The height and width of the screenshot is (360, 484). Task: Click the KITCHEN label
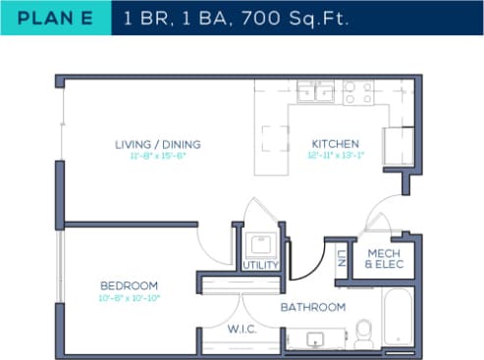pos(336,144)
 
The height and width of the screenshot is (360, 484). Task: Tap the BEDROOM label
pos(129,285)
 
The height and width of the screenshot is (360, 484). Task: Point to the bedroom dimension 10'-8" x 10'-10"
pos(129,297)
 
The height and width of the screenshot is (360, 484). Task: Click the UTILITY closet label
pos(260,265)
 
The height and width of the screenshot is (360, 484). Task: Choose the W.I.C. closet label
pos(242,329)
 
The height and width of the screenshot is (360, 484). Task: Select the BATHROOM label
pos(313,307)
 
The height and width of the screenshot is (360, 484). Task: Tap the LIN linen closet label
pos(341,257)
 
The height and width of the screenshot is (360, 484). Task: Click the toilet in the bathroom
pos(363,332)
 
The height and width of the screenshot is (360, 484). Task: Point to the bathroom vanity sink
pos(316,339)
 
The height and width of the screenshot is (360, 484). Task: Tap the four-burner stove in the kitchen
pos(357,92)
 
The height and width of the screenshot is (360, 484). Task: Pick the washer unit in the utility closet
pos(260,243)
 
